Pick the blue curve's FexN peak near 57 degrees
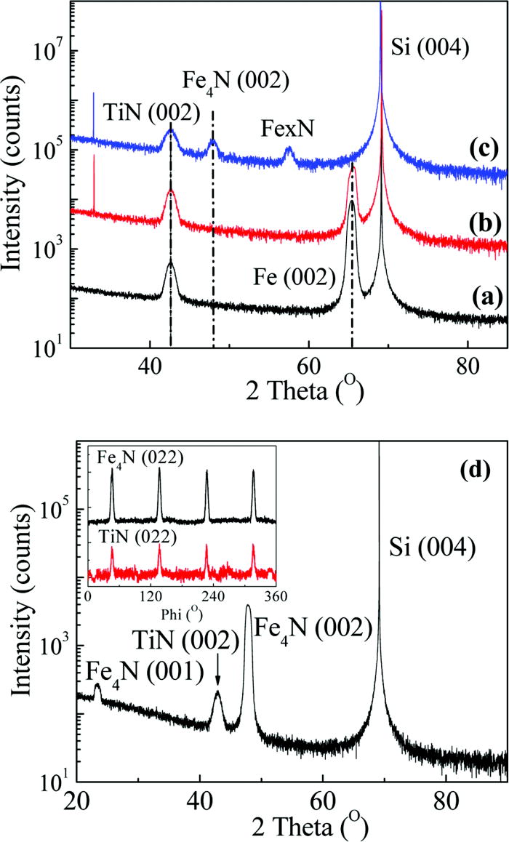(289, 151)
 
